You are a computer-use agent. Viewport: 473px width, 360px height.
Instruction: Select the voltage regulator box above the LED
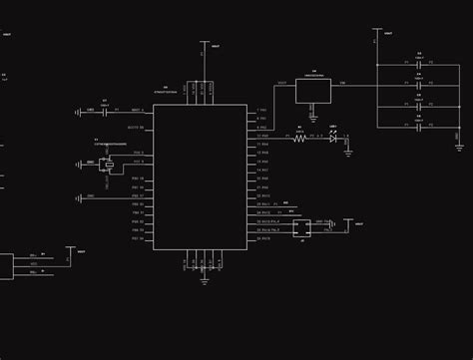tap(313, 91)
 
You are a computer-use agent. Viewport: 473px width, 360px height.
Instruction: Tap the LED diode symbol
tap(333, 139)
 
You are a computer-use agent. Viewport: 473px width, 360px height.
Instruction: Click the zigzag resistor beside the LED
tap(298, 139)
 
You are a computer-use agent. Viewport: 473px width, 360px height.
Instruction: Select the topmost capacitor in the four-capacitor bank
tap(419, 65)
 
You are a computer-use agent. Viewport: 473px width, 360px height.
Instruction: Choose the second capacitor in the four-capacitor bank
tap(419, 86)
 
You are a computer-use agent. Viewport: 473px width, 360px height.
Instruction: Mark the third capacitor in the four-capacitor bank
tap(419, 107)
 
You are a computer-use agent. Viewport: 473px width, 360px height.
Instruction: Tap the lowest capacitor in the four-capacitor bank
tap(419, 128)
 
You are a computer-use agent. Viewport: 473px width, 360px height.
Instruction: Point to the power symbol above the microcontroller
tap(204, 47)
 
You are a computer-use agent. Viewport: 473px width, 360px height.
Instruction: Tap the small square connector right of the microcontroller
tap(302, 227)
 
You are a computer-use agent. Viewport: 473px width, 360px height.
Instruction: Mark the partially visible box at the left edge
tap(5, 266)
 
